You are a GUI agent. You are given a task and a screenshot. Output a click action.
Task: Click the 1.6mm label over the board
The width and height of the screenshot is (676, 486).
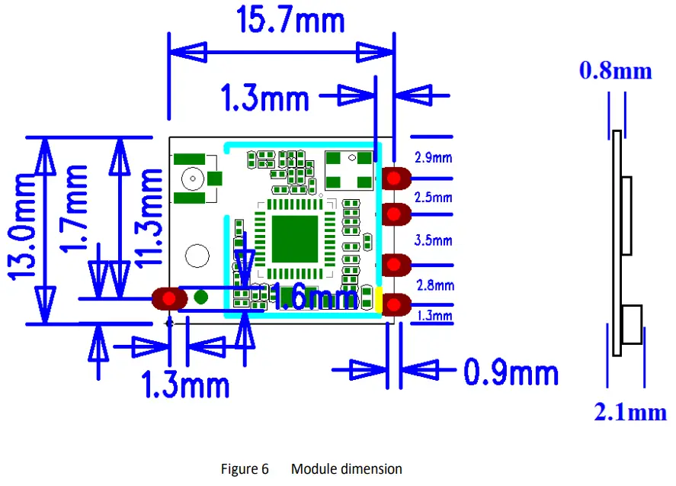point(314,296)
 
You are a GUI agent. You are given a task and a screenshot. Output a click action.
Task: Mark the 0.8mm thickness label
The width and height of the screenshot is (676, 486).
point(616,71)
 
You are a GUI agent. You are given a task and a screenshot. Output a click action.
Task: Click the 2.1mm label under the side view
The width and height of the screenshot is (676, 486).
point(630,413)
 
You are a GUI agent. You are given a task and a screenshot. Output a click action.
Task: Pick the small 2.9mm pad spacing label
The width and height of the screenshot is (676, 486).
point(434,158)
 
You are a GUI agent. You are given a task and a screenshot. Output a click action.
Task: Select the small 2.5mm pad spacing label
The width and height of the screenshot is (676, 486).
point(434,197)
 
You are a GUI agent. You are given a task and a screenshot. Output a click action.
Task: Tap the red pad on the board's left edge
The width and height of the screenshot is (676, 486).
point(167,298)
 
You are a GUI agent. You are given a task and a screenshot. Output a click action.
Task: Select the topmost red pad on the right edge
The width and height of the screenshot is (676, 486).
point(395,179)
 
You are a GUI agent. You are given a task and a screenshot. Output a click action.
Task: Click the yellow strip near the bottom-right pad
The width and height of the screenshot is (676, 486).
point(379,298)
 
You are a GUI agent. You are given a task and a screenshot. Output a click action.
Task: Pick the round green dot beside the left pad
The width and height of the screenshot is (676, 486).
point(201,298)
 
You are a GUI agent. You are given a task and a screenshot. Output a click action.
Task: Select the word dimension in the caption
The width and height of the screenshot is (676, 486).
point(373,468)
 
